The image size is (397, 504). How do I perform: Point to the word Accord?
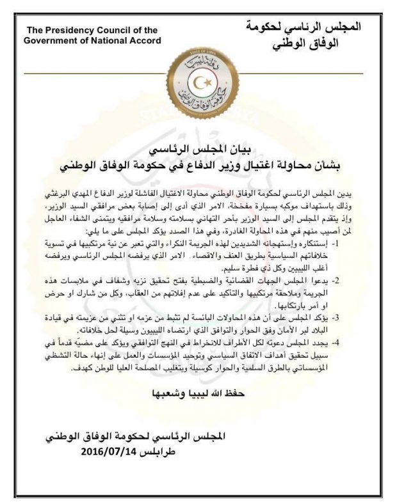[145, 41]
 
